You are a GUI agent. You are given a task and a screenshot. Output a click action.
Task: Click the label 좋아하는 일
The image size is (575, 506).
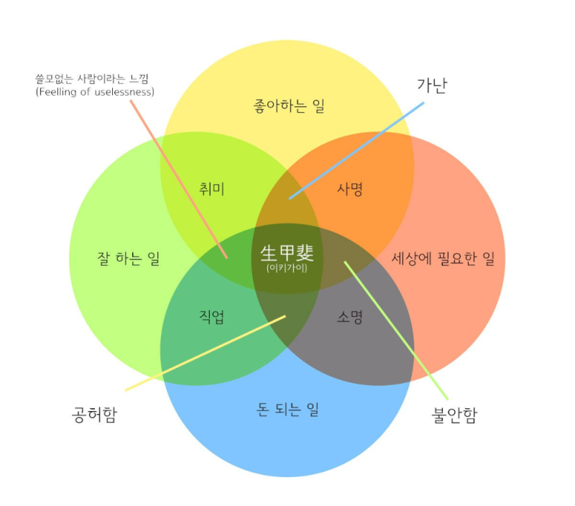tap(289, 107)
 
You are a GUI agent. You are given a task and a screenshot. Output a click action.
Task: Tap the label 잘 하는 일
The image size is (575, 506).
tap(128, 259)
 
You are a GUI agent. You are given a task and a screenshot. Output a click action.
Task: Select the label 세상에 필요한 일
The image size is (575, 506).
tap(443, 259)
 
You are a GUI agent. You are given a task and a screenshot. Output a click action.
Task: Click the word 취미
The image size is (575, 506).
tap(212, 189)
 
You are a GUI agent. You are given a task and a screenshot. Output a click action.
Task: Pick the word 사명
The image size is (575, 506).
tap(350, 189)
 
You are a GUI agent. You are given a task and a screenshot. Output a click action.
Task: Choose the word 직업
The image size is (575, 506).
tap(212, 316)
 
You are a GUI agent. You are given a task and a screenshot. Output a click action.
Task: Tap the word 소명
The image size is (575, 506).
tap(350, 316)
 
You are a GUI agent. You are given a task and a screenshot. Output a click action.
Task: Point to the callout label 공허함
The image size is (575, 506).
tap(94, 415)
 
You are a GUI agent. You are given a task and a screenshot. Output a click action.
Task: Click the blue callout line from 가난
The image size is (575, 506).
tap(359, 149)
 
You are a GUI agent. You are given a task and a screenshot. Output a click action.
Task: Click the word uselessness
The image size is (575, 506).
tap(124, 92)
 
